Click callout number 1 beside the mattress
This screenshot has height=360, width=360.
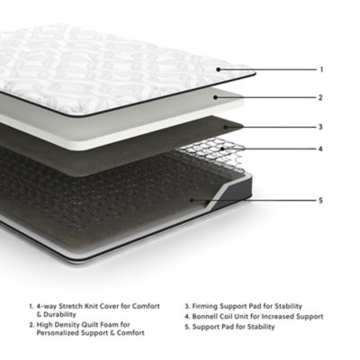[321, 69]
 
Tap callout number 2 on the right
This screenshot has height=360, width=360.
[321, 97]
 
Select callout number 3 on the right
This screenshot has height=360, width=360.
[321, 127]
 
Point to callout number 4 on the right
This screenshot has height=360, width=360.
[321, 149]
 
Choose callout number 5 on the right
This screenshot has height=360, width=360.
[321, 201]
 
